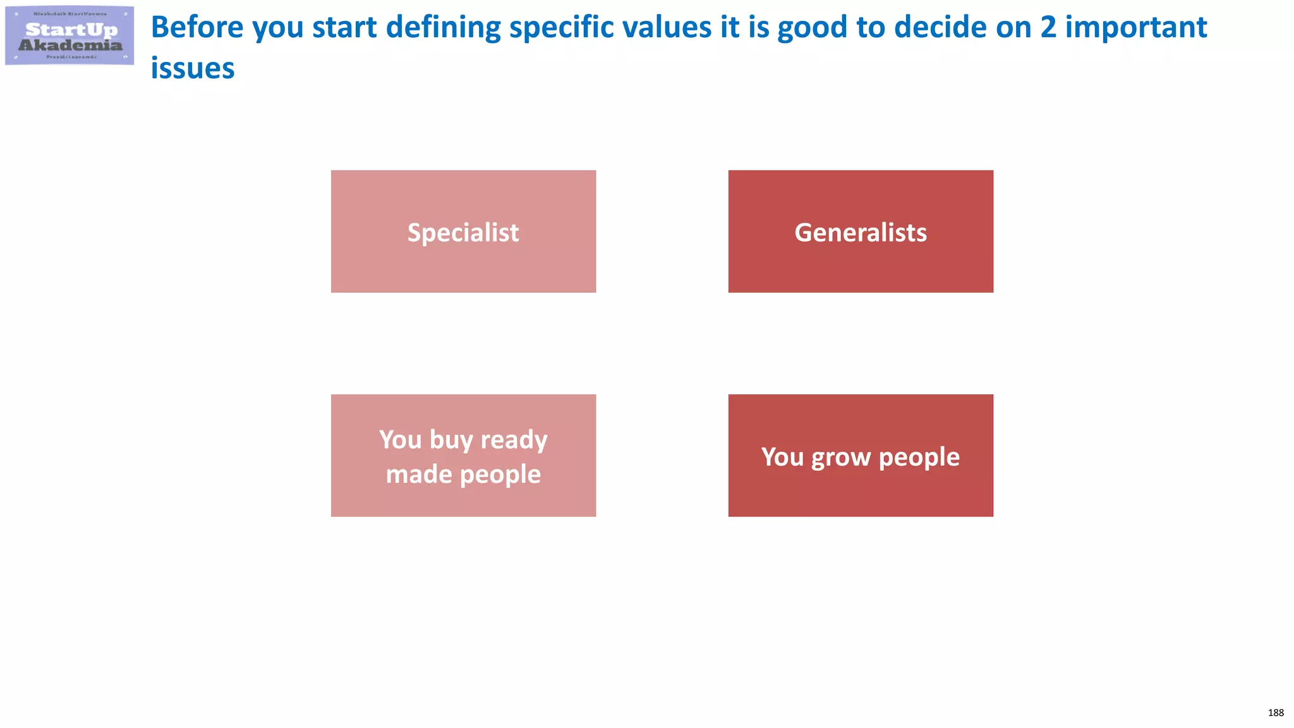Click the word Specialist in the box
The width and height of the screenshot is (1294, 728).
point(463,233)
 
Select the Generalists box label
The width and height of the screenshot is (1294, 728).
point(861,233)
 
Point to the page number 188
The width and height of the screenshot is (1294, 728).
point(1275,713)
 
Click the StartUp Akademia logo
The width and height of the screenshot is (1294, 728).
point(70,35)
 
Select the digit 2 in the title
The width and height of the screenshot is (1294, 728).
point(1048,27)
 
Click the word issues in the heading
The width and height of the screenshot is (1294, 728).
point(193,68)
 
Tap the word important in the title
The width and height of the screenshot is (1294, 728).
point(1136,27)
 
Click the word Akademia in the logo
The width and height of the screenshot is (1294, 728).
point(70,45)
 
